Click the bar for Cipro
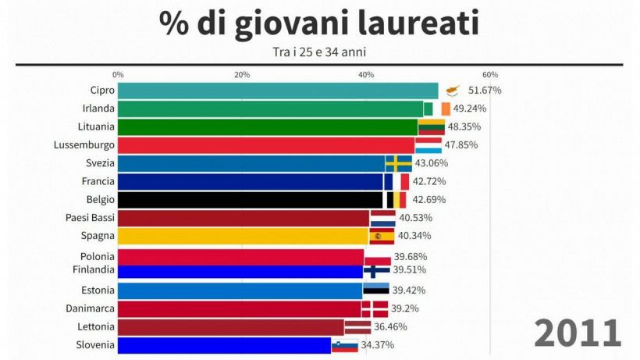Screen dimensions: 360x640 [x=277, y=91]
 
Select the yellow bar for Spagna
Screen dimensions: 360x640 [x=243, y=236]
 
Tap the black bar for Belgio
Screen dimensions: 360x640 [x=250, y=200]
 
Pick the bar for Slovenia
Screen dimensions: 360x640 [x=224, y=345]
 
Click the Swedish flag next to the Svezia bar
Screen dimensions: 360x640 [x=399, y=163]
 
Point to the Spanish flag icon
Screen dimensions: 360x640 [x=382, y=236]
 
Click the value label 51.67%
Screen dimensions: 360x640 [x=485, y=91]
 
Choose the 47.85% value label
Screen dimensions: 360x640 [x=462, y=144]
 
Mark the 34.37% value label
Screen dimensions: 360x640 [x=377, y=345]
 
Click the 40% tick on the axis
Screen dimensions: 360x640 [x=366, y=74]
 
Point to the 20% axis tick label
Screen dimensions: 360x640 [x=242, y=74]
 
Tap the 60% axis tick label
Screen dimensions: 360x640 [x=490, y=74]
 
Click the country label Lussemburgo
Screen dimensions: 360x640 [x=84, y=144]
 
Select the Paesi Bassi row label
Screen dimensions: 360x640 [x=89, y=218]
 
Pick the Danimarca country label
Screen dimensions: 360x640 [x=89, y=308]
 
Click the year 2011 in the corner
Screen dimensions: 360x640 [x=578, y=333]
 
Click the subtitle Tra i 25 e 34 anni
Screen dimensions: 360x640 [x=320, y=52]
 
